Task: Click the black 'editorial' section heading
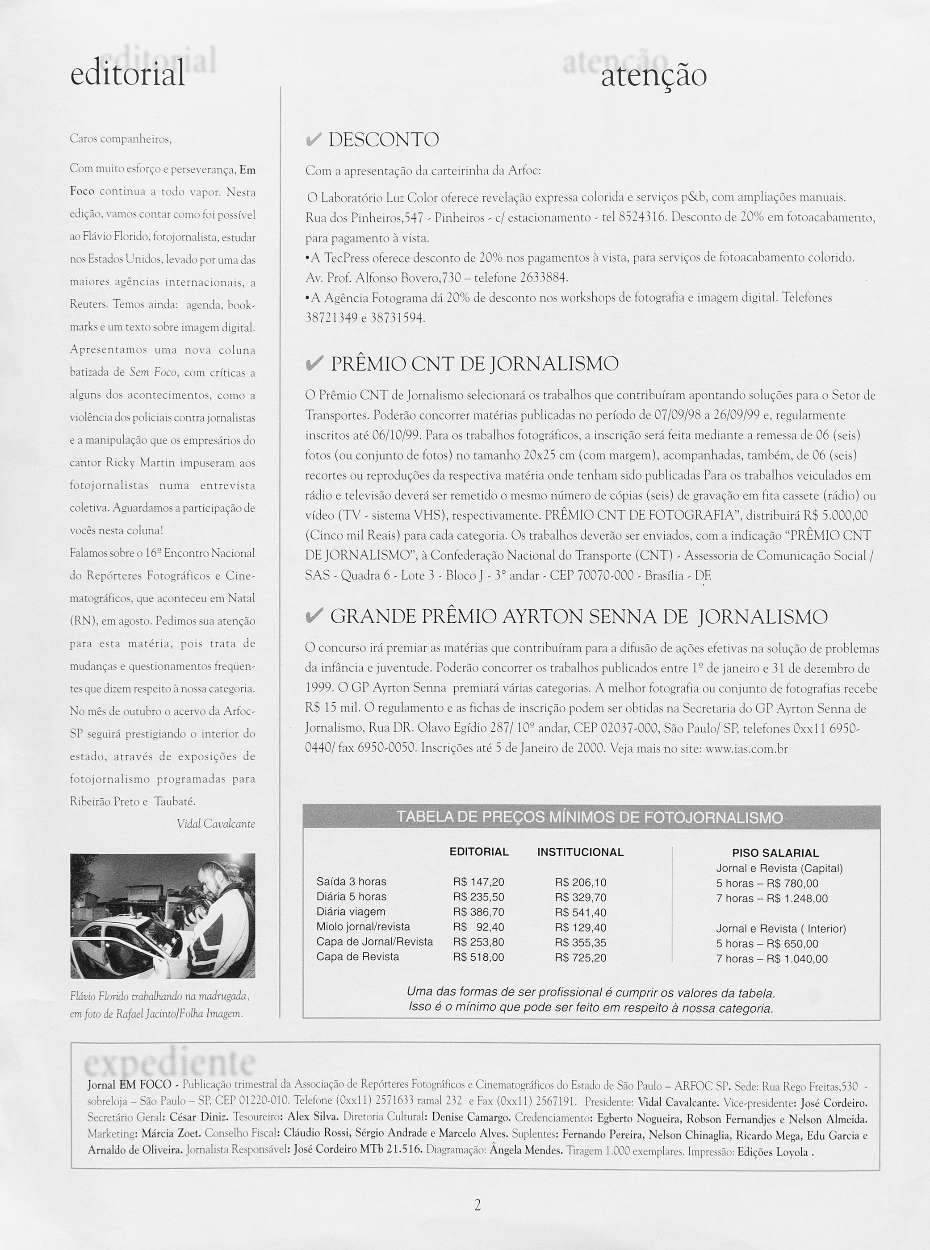tap(127, 74)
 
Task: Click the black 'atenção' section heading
tap(653, 75)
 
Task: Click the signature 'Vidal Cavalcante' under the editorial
tap(216, 824)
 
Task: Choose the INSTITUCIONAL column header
tap(580, 852)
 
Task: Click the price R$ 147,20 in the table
tap(478, 882)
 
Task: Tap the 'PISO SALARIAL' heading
tap(775, 853)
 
